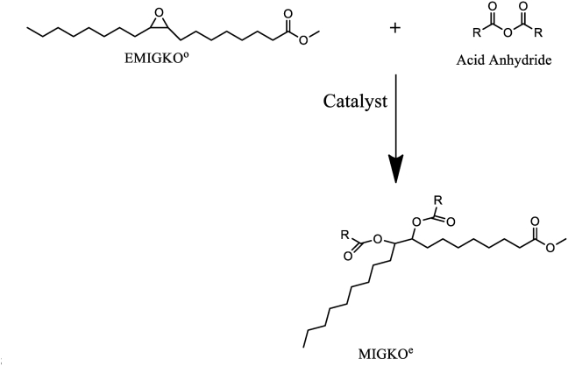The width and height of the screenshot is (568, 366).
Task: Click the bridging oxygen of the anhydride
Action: pyautogui.click(x=508, y=36)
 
